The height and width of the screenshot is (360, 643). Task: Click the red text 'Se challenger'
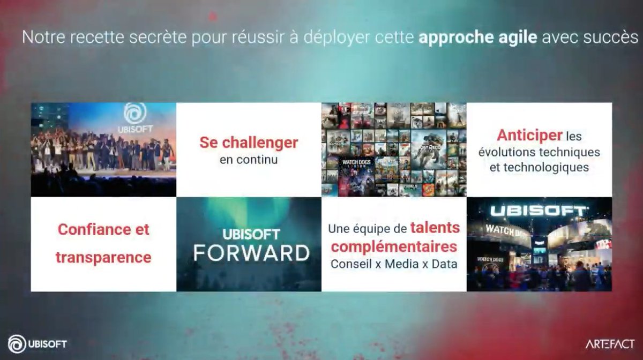point(249,143)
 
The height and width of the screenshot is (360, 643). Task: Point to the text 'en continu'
point(249,160)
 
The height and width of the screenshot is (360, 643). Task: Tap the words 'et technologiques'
point(539,168)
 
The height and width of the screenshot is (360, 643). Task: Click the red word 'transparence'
point(103,257)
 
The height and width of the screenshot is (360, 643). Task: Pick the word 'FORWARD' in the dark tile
point(251,253)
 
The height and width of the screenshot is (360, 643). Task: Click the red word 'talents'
point(435,228)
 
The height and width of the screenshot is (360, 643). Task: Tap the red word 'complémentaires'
point(394,247)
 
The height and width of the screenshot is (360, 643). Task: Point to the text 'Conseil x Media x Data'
point(394,264)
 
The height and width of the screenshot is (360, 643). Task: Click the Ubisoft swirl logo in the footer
point(17,343)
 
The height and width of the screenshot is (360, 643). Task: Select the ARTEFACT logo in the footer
point(610,343)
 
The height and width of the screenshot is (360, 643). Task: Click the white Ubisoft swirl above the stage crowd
point(135,114)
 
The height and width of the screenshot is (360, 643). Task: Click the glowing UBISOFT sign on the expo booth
point(539,211)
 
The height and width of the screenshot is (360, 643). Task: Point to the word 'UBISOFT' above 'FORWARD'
point(251,235)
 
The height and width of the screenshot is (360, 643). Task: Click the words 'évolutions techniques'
point(539,152)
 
